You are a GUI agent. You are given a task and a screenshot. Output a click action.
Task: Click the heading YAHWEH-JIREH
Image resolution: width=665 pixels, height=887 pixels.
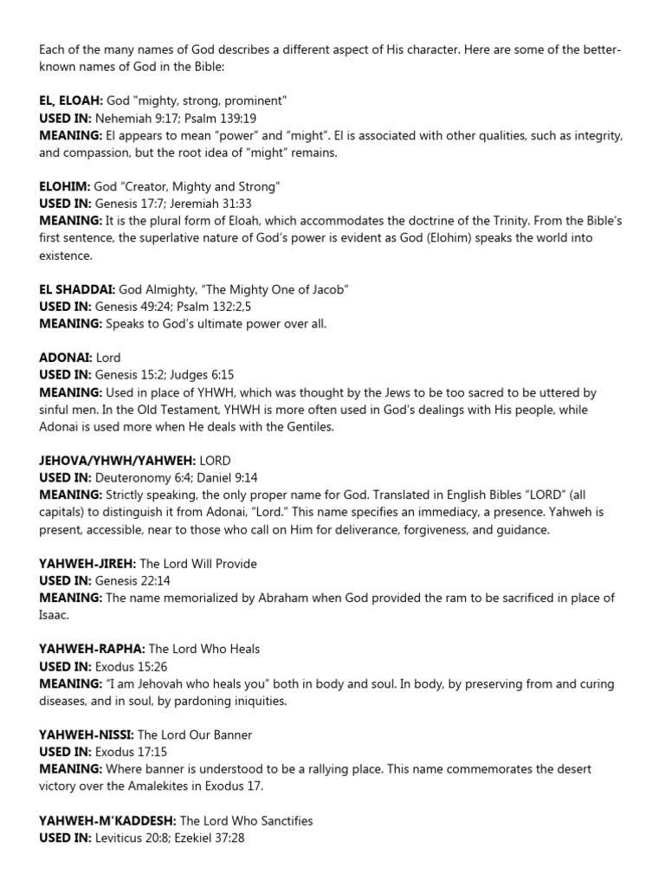click(x=87, y=564)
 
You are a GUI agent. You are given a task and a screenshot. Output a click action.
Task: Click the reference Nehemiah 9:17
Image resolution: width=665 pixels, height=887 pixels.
click(x=130, y=118)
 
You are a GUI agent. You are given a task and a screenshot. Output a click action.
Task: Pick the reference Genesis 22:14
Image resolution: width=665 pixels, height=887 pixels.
click(x=126, y=581)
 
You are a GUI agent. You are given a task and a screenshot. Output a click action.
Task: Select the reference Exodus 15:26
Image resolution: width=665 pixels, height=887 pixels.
click(x=124, y=666)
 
